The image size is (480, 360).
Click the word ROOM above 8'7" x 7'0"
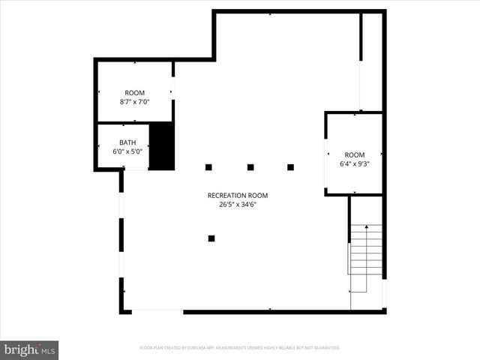135,93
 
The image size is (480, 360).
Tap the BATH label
127,142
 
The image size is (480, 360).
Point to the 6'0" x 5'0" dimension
127,151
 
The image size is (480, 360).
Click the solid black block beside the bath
162,146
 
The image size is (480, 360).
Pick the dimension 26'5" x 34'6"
238,203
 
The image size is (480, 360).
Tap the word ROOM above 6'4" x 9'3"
355,154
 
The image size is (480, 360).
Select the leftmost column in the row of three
209,166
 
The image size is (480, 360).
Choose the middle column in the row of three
250,166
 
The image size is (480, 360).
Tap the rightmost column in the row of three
290,166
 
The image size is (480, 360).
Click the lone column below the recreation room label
211,238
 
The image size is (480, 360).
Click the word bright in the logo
20,349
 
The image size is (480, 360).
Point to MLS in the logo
47,349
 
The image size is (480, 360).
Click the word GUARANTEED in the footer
325,348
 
